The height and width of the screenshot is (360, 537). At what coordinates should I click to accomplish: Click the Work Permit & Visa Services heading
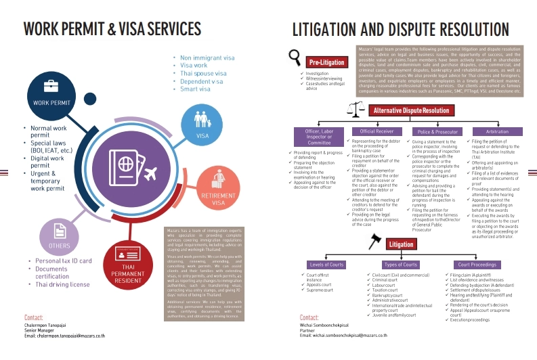[x=112, y=29]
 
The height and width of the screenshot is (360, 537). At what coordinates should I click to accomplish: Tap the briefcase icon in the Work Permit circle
[x=51, y=86]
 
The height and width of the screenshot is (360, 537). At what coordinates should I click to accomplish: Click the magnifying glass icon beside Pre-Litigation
[x=295, y=57]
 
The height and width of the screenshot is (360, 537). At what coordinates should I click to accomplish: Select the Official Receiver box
[x=377, y=131]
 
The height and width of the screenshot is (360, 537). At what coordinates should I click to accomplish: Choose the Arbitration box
[x=497, y=131]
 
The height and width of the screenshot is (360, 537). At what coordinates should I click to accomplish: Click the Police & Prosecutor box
[x=437, y=131]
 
